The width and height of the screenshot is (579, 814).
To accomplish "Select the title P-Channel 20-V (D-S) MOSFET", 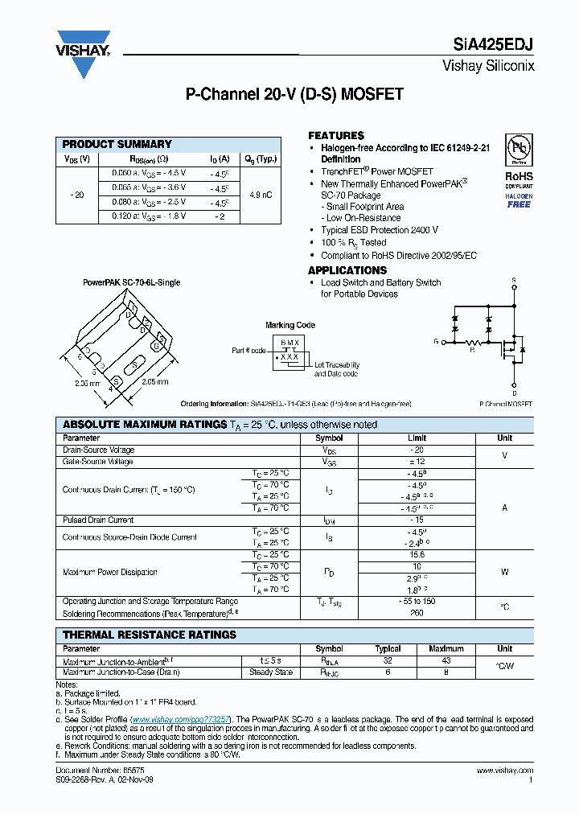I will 294,95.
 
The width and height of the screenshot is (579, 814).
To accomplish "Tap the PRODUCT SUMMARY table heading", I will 117,144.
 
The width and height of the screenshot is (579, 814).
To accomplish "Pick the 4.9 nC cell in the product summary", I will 261,195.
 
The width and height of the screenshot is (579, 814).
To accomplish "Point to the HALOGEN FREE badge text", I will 518,200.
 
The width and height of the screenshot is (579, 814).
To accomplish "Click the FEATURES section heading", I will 336,136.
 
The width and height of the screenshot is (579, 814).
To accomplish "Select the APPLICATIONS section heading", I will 347,270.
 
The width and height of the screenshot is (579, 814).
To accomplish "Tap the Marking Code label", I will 290,325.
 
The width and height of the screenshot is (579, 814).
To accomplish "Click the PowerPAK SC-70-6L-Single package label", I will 132,282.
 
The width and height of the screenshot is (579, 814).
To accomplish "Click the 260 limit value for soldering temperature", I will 417,613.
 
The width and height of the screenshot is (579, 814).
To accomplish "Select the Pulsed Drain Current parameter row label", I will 98,520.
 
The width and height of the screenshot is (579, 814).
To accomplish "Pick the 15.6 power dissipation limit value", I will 417,555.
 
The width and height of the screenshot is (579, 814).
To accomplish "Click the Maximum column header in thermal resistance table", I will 446,648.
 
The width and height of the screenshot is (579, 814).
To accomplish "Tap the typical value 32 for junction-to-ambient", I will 388,660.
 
